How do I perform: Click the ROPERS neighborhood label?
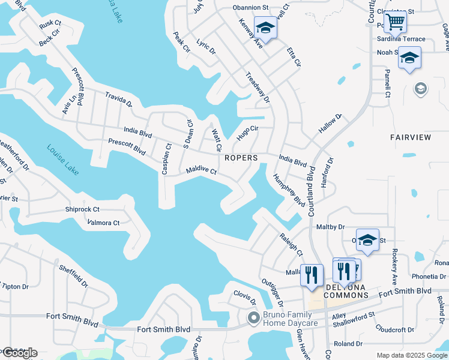pos(241,158)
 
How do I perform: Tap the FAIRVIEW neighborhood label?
pos(411,137)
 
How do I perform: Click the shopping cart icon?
pos(395,22)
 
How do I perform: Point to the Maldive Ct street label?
pos(201,170)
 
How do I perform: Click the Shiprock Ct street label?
pos(82,209)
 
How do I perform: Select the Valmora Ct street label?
pos(104,223)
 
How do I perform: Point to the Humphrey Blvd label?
pos(289,190)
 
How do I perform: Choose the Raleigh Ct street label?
pos(291,245)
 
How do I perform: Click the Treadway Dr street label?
pos(258,87)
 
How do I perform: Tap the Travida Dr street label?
pos(119,100)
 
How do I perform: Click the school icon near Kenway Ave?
pos(265,27)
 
